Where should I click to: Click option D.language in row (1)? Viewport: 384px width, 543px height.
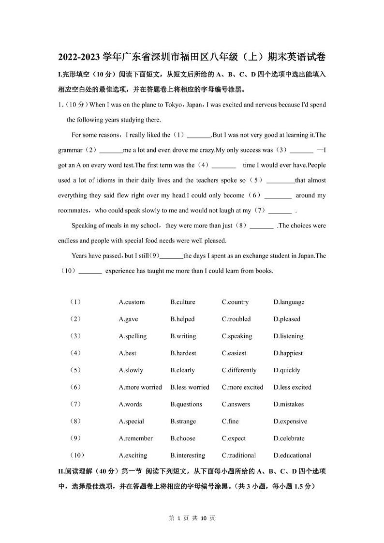(289, 302)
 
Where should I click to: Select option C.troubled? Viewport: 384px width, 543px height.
(236, 319)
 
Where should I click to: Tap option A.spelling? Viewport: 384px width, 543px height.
(133, 336)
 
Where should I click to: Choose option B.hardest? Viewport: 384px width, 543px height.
(183, 353)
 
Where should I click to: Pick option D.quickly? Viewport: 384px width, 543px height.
(287, 370)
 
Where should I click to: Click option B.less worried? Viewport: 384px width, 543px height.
(190, 387)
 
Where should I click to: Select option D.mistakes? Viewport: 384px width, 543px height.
(290, 404)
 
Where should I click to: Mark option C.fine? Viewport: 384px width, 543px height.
(230, 421)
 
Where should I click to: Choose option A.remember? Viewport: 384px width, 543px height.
(135, 438)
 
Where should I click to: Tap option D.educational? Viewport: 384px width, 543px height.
(292, 455)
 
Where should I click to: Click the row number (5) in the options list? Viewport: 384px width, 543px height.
(75, 370)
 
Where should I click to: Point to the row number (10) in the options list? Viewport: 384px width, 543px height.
(77, 455)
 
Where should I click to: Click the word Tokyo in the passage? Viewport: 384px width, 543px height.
(172, 105)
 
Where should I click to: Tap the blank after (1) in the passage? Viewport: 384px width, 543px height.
(199, 136)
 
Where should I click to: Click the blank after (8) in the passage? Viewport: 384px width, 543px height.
(262, 226)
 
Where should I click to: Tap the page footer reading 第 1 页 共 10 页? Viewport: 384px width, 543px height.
(192, 518)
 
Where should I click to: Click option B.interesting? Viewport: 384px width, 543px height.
(188, 455)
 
